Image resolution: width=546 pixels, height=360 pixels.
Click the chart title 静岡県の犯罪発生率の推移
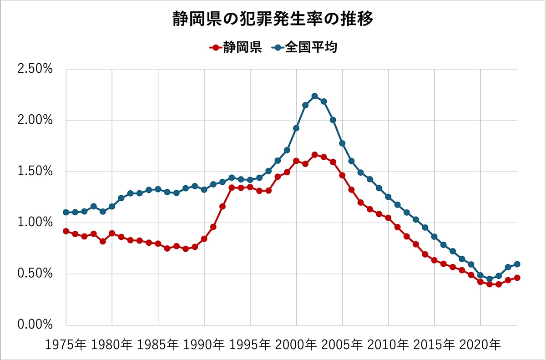[273, 19]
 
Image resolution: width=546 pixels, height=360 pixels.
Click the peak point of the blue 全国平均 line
[314, 96]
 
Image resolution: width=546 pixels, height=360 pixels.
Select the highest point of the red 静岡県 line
[314, 155]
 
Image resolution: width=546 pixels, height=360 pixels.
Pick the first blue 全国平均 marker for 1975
[66, 213]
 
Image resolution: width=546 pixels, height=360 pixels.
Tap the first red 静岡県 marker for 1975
[66, 231]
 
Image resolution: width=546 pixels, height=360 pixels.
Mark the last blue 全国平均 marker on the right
[517, 264]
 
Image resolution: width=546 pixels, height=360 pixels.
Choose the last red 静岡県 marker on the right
[517, 278]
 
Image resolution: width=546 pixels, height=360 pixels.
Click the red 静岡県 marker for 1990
[204, 239]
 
